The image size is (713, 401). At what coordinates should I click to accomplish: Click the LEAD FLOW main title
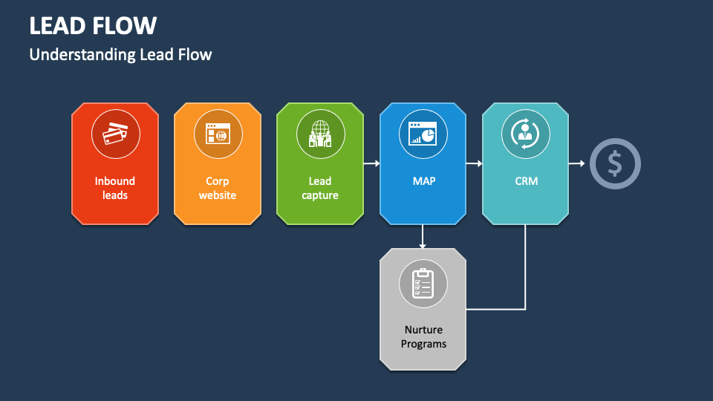(93, 26)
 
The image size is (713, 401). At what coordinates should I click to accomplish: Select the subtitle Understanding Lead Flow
(120, 54)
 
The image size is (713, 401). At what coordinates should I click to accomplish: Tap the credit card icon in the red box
(115, 134)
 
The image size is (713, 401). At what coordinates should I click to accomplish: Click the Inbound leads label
(115, 188)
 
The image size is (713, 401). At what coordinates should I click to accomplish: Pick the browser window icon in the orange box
(218, 134)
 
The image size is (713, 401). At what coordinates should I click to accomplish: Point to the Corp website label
(218, 188)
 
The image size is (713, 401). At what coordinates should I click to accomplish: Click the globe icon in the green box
(320, 134)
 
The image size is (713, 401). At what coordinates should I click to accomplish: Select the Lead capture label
(320, 188)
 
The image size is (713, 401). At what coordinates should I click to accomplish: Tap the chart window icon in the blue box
(423, 134)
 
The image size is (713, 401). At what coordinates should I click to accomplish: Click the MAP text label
(423, 180)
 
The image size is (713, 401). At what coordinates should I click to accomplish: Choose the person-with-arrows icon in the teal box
(525, 134)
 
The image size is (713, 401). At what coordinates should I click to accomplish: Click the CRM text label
(526, 180)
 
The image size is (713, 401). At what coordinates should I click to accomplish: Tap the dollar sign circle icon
(615, 163)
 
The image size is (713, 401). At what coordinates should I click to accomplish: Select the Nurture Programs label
(423, 336)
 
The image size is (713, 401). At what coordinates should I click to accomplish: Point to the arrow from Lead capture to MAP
(371, 163)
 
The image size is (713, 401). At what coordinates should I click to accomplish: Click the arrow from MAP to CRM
(474, 163)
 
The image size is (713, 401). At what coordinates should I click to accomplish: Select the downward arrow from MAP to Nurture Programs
(423, 236)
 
